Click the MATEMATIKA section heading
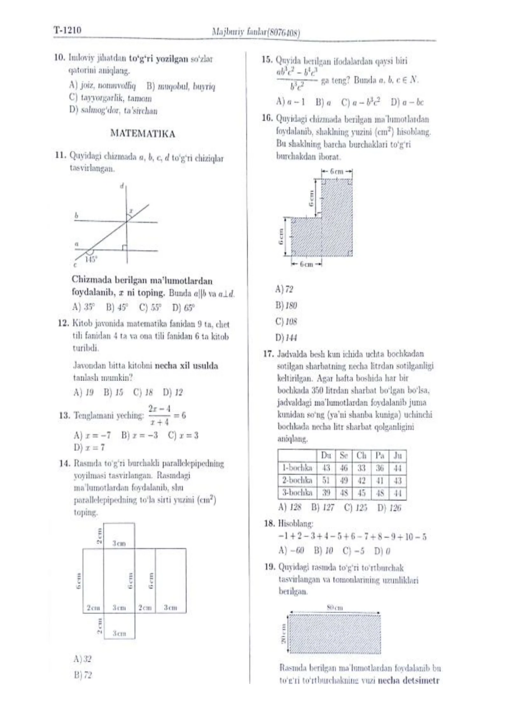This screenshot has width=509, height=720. tap(143, 134)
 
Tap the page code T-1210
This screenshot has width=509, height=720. tap(67, 30)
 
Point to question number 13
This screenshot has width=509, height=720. tap(64, 415)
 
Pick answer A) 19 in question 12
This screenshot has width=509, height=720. tap(83, 392)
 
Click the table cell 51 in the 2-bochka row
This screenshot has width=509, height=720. tap(326, 480)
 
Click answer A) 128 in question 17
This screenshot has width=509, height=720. tap(289, 507)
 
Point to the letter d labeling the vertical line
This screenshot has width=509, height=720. tap(122, 186)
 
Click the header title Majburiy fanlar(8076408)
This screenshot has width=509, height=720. tap(256, 32)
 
